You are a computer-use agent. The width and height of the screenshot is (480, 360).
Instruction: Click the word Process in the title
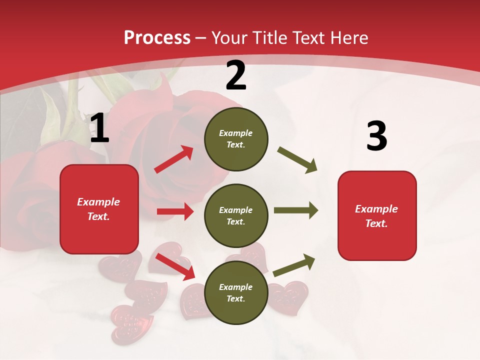(x=157, y=38)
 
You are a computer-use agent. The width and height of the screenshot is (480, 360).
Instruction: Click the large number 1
(x=99, y=129)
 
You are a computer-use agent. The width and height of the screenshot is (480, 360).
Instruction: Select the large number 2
(x=236, y=75)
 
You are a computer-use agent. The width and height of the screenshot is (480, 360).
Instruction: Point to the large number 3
(x=376, y=136)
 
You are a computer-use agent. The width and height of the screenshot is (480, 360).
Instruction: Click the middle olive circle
(x=236, y=215)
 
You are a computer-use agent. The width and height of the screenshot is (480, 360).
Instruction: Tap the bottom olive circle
(x=236, y=292)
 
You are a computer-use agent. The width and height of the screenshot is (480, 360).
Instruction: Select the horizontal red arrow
(x=175, y=211)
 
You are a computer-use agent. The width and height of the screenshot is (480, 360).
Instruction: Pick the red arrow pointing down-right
(x=175, y=266)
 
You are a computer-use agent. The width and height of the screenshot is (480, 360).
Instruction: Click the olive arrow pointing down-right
(x=297, y=160)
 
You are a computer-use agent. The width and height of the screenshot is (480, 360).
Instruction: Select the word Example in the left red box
(x=98, y=202)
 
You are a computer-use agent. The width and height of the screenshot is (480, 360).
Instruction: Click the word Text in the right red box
(x=376, y=223)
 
